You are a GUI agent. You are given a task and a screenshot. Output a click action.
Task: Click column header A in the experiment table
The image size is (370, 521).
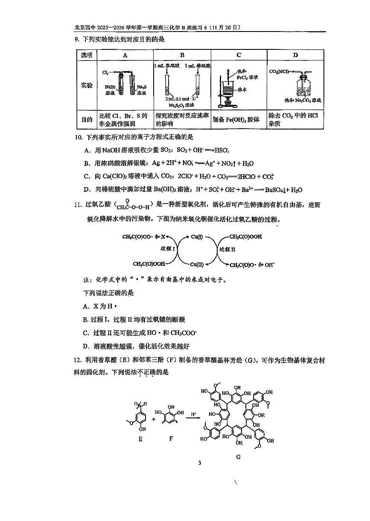pyautogui.click(x=125, y=55)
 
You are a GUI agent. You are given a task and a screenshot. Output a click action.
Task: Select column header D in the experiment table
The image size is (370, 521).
pyautogui.click(x=295, y=55)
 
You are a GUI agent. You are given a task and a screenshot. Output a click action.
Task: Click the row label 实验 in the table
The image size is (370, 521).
pyautogui.click(x=87, y=85)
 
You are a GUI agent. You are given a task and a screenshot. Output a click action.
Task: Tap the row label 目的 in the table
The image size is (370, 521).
pyautogui.click(x=87, y=120)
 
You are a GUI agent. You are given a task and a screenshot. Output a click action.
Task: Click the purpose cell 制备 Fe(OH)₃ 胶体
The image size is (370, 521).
pyautogui.click(x=236, y=120)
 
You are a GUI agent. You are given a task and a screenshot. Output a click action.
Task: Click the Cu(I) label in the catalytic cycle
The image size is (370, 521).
pyautogui.click(x=197, y=236)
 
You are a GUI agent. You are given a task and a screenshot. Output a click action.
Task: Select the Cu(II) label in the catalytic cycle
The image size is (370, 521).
pyautogui.click(x=197, y=265)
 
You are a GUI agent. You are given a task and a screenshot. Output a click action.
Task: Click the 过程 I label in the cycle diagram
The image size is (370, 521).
pyautogui.click(x=168, y=248)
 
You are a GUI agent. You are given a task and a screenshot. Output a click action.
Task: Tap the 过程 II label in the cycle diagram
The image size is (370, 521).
pyautogui.click(x=227, y=249)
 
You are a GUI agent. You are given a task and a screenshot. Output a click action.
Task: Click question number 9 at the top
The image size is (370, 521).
pyautogui.click(x=76, y=40)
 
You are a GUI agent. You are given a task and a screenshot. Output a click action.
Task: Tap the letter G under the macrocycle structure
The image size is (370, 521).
pyautogui.click(x=238, y=457)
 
